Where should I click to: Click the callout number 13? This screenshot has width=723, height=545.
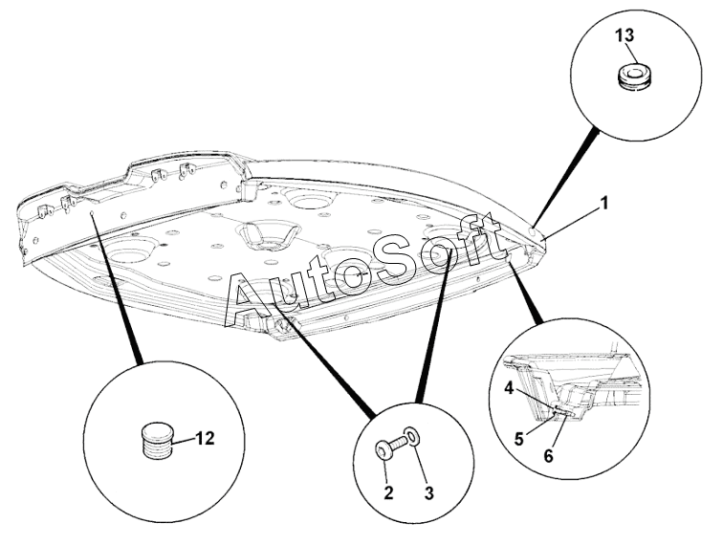[626, 35]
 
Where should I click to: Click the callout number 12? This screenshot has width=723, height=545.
[206, 439]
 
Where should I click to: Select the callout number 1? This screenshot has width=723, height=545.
[604, 204]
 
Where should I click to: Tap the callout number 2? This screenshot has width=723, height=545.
[388, 493]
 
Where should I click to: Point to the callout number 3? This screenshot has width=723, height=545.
[428, 493]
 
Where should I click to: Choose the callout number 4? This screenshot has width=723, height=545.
[509, 389]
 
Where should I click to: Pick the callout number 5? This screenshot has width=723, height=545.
[519, 439]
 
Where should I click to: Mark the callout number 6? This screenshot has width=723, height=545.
[548, 456]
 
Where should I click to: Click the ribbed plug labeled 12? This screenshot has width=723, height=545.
[155, 440]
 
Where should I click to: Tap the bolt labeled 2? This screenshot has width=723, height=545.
[390, 448]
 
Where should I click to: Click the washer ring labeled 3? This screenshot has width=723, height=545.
[413, 436]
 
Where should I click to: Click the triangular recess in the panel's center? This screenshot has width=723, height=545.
[269, 236]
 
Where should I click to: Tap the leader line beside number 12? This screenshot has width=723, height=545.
[184, 442]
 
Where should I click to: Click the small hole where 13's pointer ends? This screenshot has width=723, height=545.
[532, 232]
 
